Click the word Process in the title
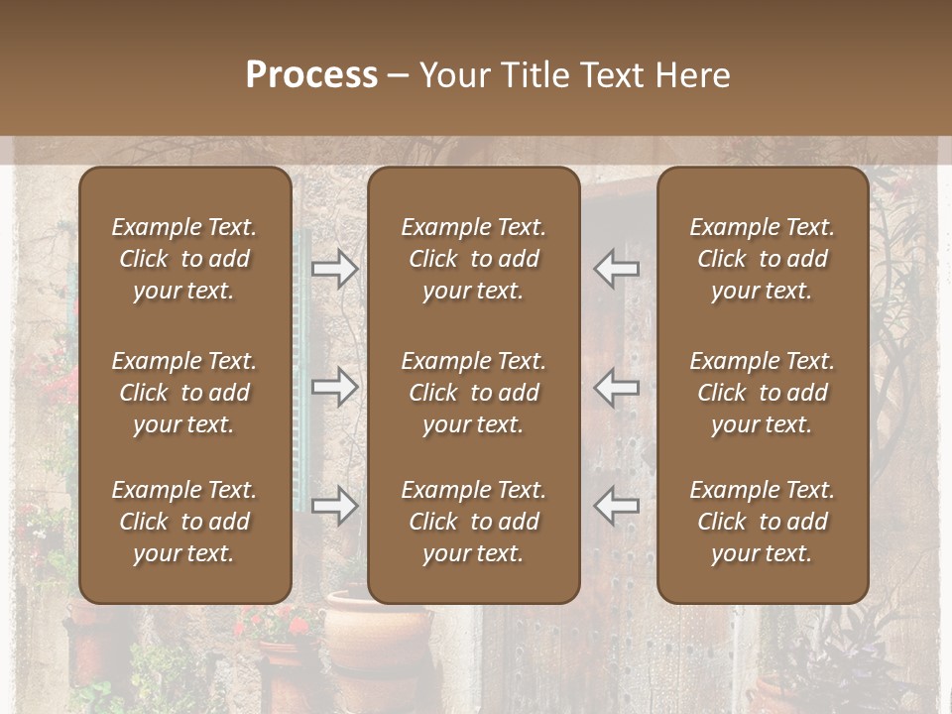coord(311,75)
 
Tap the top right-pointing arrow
coord(335,269)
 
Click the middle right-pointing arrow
coord(335,387)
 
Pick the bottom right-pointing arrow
coord(335,506)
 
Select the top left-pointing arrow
coord(616,269)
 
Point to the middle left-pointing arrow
coord(616,387)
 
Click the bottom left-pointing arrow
coord(616,506)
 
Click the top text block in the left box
coord(184,259)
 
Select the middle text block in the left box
coord(184,393)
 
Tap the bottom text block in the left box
coord(184,522)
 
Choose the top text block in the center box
coord(473,259)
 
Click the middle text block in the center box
coord(473,393)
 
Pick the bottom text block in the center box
coord(473,522)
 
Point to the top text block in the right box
coord(762,259)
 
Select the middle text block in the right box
coord(762,393)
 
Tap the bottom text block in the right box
coord(762,522)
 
